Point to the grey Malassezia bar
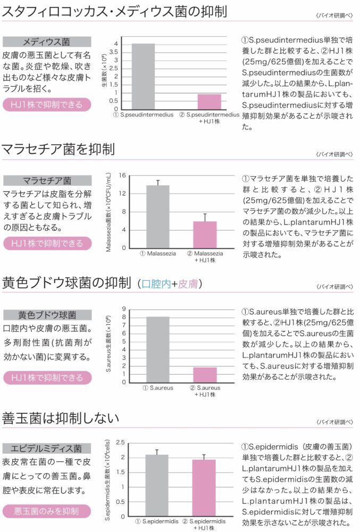[158, 216]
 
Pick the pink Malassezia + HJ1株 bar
[205, 234]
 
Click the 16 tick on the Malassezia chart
[122, 176]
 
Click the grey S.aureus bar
[157, 349]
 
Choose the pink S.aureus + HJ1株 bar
[205, 375]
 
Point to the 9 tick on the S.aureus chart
[123, 309]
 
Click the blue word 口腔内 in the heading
[156, 284]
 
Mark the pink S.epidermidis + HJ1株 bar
[204, 487]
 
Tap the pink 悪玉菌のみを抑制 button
[46, 511]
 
